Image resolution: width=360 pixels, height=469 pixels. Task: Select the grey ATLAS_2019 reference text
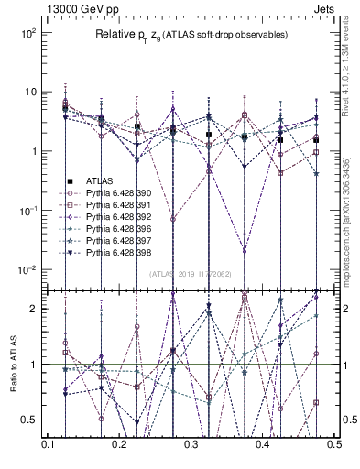[191, 274]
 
